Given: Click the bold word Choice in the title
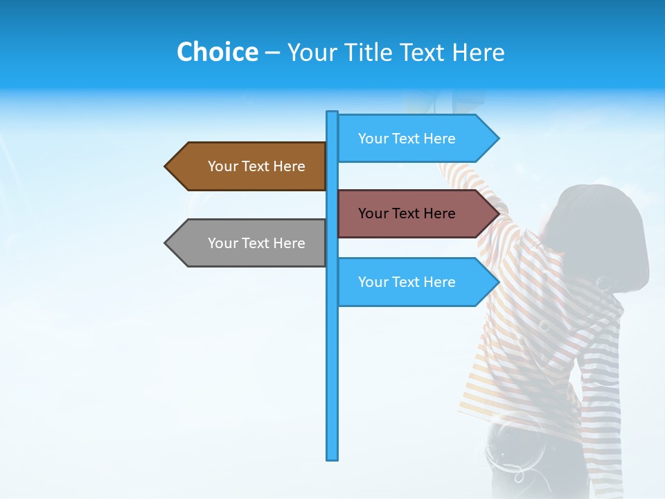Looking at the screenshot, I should (217, 52).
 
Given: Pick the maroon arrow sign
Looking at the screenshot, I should (409, 213).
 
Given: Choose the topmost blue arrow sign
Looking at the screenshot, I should (409, 139).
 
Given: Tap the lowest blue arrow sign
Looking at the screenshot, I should (409, 282).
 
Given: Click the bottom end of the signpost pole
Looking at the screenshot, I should (332, 457).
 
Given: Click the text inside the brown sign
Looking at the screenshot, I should (256, 166).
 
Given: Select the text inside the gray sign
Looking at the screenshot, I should (256, 243).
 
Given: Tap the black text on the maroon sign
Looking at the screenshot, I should (407, 213).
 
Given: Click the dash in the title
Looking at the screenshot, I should (272, 53).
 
